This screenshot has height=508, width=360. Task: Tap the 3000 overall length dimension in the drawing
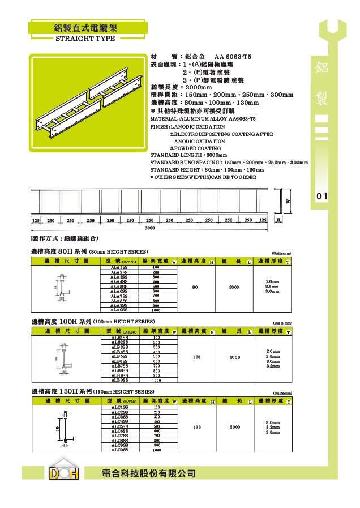pos(149,228)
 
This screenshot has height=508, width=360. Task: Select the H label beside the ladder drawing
pos(278,219)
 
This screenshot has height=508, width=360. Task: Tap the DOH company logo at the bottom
pos(63,472)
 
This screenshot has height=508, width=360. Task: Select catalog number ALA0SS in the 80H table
pos(119,310)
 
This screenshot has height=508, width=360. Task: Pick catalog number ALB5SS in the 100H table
pos(119,356)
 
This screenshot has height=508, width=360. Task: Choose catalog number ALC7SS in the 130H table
pos(119,436)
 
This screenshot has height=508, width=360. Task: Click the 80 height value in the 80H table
pos(195,287)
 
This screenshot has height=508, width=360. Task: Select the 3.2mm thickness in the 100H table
pos(273,366)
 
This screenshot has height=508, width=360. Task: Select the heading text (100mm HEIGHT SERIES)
pos(119,322)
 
